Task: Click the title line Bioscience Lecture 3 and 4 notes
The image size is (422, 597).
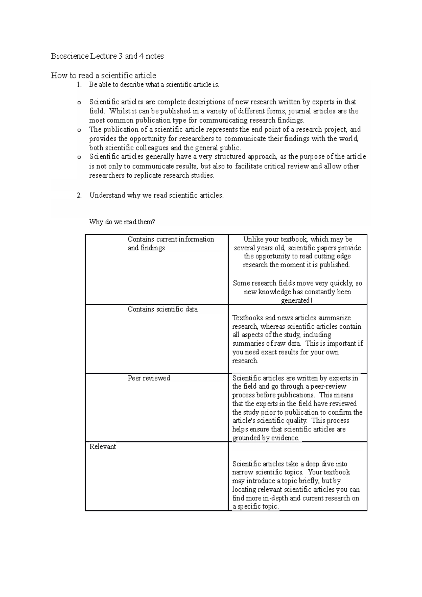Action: click(107, 56)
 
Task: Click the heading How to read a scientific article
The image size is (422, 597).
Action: click(103, 75)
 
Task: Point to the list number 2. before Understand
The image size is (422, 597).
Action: click(79, 195)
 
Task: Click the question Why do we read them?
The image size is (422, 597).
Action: click(122, 222)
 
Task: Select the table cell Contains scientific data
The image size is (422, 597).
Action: click(162, 309)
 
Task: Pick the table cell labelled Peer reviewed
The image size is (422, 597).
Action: click(149, 378)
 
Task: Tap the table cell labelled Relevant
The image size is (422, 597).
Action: click(103, 447)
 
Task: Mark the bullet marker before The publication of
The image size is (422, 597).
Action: click(78, 130)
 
